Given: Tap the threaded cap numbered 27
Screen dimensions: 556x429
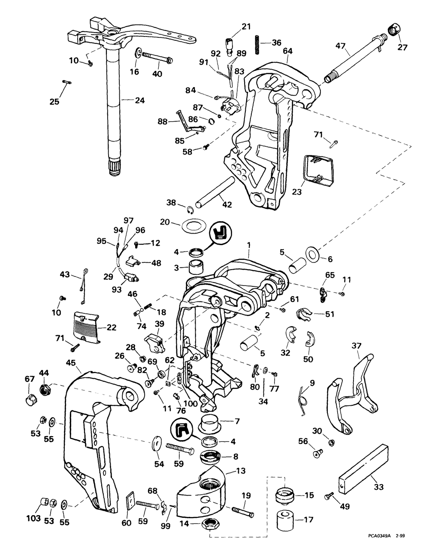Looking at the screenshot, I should [393, 31].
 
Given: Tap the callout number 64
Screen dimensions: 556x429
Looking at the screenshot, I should [288, 51].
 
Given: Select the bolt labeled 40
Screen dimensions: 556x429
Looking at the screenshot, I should [157, 56].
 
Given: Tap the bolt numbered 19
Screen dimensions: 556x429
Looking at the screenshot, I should [243, 513].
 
